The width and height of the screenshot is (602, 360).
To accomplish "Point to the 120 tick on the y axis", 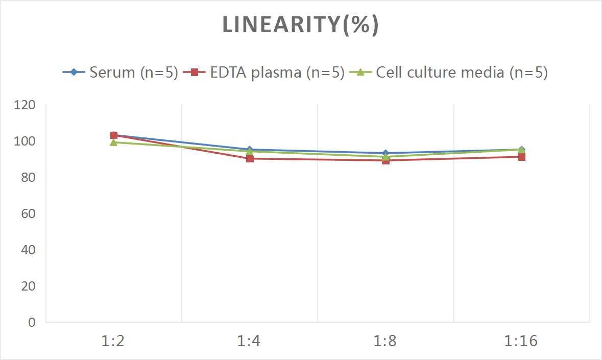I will point(25,105).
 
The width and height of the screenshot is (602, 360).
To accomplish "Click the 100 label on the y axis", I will point(25,141).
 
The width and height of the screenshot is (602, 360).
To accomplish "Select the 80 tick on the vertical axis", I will point(28,177).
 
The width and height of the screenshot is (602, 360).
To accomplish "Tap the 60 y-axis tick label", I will point(28,213).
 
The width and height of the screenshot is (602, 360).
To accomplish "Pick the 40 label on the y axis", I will point(28,250).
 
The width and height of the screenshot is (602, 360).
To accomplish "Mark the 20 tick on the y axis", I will point(28,286).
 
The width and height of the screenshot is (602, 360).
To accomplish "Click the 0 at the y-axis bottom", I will point(32,322).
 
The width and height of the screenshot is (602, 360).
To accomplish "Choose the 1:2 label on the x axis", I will point(113,341).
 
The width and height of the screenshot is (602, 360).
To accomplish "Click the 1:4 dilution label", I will point(249,341).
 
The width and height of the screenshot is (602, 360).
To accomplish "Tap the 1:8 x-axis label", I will point(386,341).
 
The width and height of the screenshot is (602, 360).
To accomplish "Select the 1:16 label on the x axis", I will point(521,341).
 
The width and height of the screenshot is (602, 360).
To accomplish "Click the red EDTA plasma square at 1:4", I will point(250,159).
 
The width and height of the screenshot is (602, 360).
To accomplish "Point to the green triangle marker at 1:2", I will point(113,142).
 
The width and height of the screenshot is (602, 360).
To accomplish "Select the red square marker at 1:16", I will point(522,157).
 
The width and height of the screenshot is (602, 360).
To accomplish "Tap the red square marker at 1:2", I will point(114,135).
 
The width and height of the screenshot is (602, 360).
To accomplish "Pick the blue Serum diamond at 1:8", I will point(386,153).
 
